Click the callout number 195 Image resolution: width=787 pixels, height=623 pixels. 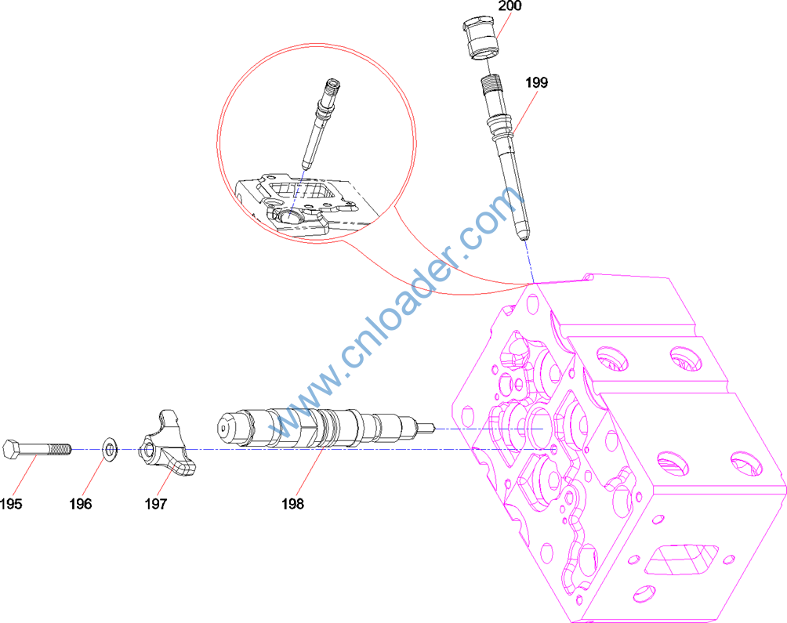(11, 504)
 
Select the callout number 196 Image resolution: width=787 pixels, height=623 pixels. (80, 504)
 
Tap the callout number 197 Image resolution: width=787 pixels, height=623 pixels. (155, 504)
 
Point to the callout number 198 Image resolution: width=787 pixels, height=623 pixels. (292, 504)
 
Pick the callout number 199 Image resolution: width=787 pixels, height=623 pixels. (536, 83)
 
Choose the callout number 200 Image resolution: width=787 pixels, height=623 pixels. (510, 6)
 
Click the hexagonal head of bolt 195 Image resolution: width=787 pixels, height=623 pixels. (11, 449)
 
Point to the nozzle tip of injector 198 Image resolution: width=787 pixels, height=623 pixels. (426, 428)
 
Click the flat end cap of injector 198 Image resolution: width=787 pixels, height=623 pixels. (227, 428)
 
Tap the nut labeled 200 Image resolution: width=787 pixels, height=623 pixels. (481, 38)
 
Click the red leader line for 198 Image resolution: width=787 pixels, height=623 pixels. (310, 471)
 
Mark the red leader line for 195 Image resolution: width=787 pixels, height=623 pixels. (24, 476)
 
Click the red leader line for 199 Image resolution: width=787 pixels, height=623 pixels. (524, 112)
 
